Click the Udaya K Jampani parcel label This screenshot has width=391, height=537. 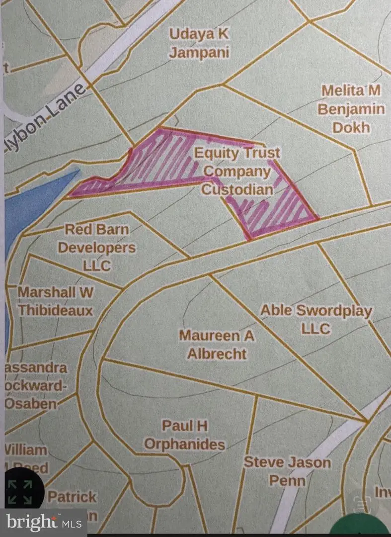(x=200, y=43)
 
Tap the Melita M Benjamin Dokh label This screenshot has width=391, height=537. (x=351, y=109)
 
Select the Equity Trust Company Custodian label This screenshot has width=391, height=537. (x=237, y=171)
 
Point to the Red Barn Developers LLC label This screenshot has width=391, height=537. (x=97, y=247)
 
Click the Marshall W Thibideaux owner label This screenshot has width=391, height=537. (x=55, y=301)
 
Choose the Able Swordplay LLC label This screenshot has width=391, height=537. (x=316, y=319)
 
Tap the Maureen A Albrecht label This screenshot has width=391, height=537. (x=217, y=345)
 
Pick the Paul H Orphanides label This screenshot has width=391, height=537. (x=184, y=435)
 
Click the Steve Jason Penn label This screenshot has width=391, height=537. (x=287, y=471)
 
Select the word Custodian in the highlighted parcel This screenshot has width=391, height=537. (x=237, y=189)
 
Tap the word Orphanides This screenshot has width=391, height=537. (x=184, y=444)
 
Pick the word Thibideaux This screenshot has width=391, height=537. (x=55, y=310)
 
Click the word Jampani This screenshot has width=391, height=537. (x=200, y=52)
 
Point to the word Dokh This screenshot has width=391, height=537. (x=351, y=127)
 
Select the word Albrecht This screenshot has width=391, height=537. (x=217, y=354)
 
